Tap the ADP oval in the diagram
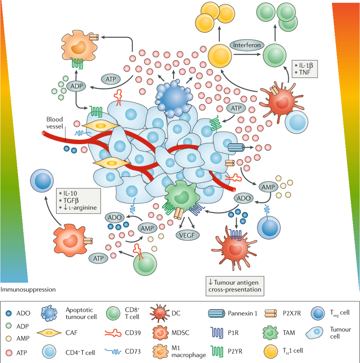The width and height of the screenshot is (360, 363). [76, 86]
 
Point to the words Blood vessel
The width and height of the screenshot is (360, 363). [55, 122]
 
